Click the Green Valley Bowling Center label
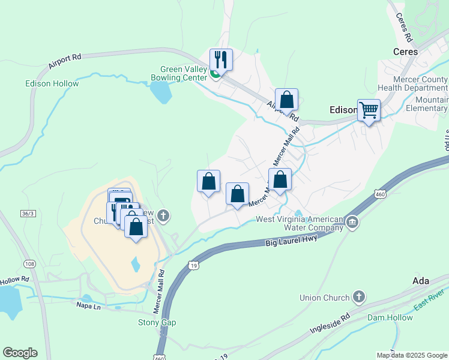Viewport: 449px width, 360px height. [183, 73]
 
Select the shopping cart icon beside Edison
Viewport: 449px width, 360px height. [369, 110]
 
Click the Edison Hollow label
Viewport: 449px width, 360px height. [52, 84]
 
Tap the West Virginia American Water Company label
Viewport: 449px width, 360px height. [300, 223]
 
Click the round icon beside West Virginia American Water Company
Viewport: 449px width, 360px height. [352, 223]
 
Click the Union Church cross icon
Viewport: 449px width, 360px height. [358, 298]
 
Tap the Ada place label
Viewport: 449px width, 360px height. [421, 281]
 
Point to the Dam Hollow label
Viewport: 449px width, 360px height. [390, 317]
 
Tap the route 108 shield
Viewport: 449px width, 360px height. [29, 264]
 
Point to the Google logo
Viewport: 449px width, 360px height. [20, 353]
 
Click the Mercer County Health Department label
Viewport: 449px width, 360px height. [419, 83]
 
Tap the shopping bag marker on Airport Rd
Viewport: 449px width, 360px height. [287, 100]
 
